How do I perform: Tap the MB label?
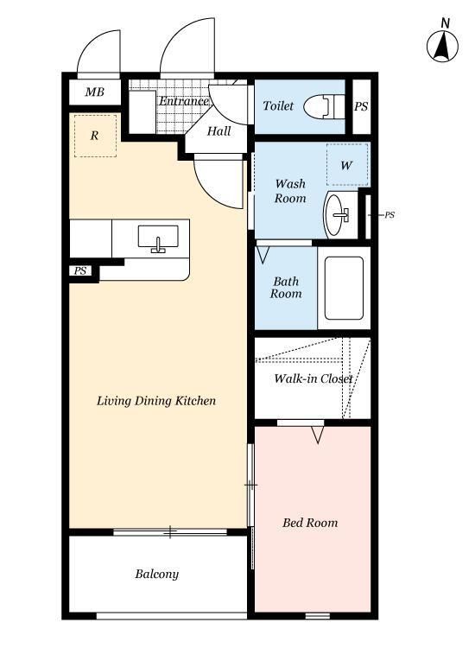tap(95, 92)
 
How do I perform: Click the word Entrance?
tap(184, 101)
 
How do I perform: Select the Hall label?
tap(218, 131)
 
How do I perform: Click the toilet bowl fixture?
tap(324, 106)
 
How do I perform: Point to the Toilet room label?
tap(278, 105)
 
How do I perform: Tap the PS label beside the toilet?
tap(361, 106)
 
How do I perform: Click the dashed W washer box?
tap(347, 164)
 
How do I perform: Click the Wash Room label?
tap(290, 191)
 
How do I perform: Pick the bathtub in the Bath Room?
tap(344, 288)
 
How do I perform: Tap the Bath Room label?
tap(286, 288)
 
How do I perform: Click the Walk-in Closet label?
tap(313, 378)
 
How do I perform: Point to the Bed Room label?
tap(310, 523)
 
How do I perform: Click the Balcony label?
tap(157, 574)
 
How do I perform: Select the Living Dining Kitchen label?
tap(156, 401)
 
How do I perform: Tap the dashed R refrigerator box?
tap(95, 136)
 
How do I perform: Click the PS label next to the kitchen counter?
tap(80, 271)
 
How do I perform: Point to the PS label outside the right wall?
tap(389, 215)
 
